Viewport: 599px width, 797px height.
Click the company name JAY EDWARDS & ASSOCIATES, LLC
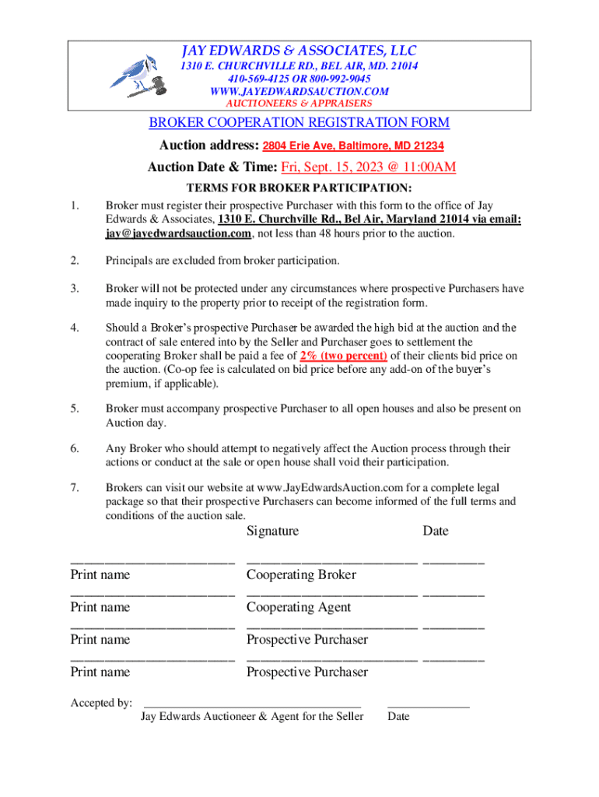coord(299,51)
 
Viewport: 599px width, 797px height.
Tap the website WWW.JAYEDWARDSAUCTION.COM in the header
coord(299,91)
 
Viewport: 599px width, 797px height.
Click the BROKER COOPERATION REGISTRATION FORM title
coord(299,123)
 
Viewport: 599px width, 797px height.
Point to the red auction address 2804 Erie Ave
coord(353,146)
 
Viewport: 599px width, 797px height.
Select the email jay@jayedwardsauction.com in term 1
coord(178,233)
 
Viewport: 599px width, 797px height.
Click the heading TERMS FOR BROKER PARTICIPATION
coord(299,188)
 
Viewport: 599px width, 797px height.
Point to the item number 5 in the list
coord(74,408)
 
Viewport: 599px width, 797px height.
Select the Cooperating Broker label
coord(301,575)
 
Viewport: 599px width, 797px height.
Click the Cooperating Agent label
coord(299,607)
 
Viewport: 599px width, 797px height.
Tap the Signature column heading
coord(272,531)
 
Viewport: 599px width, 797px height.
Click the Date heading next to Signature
coord(436,531)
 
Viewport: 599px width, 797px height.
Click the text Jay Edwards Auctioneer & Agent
coord(252,717)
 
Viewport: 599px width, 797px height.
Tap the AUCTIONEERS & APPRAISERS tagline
coord(299,103)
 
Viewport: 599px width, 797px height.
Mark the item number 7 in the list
coord(74,489)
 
